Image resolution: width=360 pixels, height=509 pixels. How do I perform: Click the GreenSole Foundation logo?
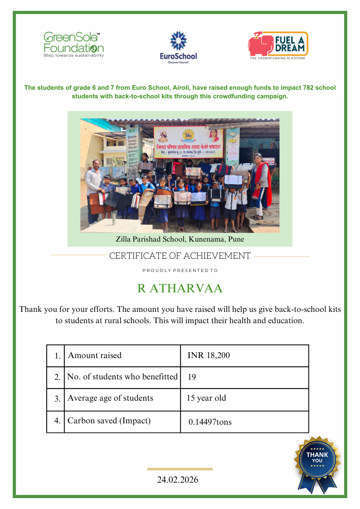[73, 45]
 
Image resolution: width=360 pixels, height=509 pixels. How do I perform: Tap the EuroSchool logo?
[178, 47]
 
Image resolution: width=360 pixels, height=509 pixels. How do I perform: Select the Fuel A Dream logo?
[278, 45]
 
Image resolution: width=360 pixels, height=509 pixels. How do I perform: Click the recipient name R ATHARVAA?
[180, 289]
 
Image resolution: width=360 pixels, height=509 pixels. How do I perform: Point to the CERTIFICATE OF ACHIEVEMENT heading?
[180, 256]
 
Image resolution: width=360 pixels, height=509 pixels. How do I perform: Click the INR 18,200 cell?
[209, 356]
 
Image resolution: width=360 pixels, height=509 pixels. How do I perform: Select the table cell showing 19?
[192, 377]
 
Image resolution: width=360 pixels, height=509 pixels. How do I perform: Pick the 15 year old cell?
[206, 398]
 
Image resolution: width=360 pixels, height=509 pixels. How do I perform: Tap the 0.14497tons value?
[210, 422]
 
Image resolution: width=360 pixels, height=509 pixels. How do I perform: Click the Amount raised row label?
[95, 356]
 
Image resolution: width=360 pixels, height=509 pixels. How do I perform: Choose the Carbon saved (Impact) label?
[109, 421]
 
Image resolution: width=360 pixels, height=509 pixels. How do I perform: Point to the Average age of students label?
[110, 398]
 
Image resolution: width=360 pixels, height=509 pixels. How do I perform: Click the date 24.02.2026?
[178, 480]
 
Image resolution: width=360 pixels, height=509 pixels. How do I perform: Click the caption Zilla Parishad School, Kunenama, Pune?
[180, 239]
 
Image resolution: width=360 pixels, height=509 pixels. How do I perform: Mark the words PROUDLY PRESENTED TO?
[180, 271]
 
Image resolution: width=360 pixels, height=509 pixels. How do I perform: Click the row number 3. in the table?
[57, 399]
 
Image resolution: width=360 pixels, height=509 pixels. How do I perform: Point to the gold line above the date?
[180, 469]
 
